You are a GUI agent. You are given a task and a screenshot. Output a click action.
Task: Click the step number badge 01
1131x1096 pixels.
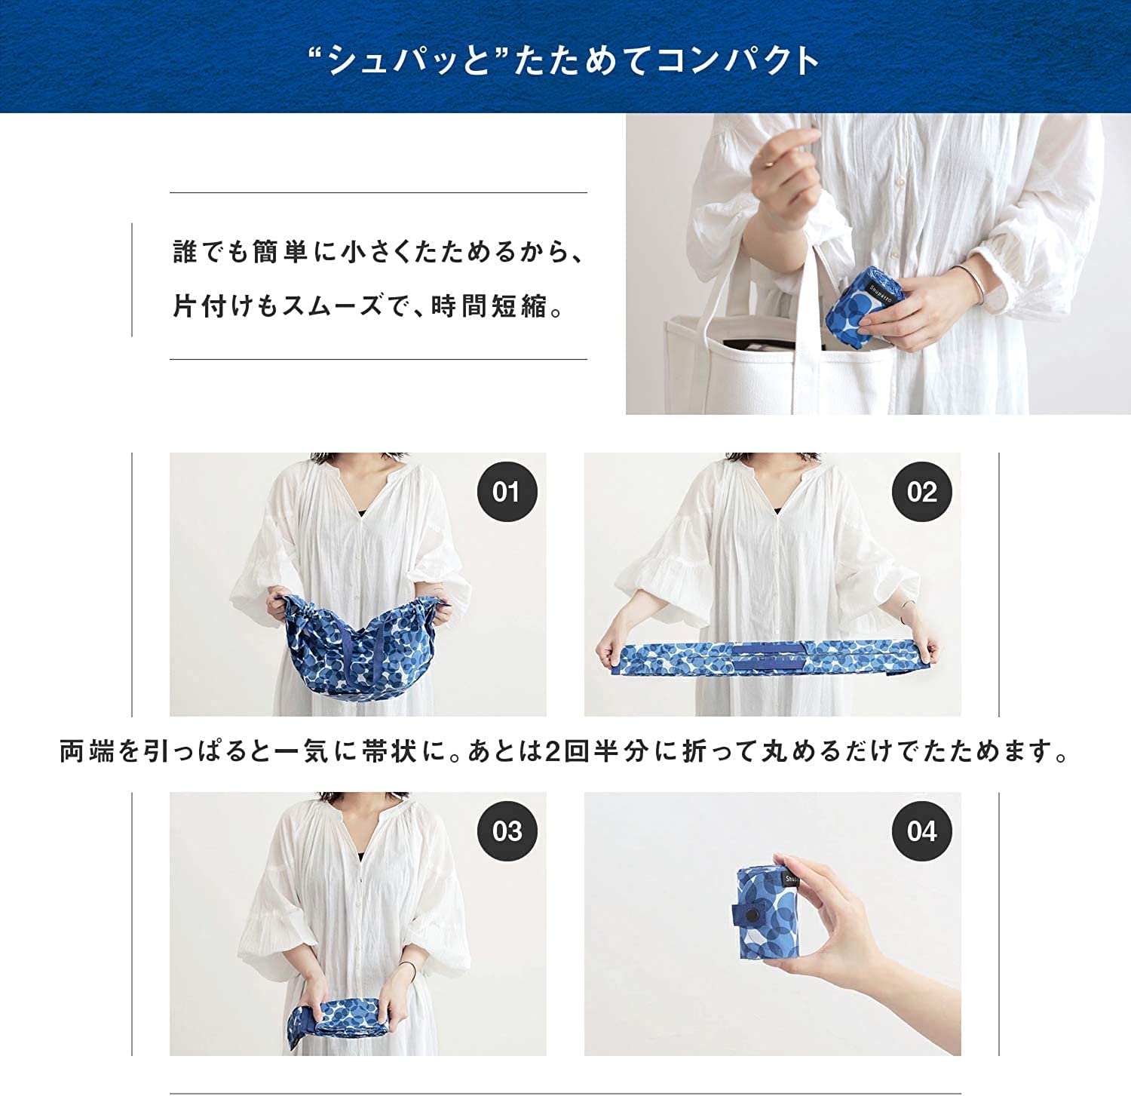point(507,492)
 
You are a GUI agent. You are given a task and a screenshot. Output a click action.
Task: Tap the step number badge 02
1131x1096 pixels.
point(921,492)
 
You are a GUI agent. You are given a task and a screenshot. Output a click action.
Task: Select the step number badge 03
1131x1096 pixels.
point(507,831)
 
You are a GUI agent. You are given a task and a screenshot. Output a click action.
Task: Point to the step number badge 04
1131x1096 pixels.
point(921,831)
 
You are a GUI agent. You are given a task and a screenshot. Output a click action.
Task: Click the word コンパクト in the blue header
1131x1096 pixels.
point(737,60)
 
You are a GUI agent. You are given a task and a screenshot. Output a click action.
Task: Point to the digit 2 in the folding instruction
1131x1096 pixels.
point(552,752)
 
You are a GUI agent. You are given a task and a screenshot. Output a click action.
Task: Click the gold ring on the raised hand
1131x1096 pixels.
point(766,161)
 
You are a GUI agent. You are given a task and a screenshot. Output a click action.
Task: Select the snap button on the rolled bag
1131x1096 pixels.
point(750,915)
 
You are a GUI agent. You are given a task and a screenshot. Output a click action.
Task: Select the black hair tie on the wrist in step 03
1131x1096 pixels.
point(408,970)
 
